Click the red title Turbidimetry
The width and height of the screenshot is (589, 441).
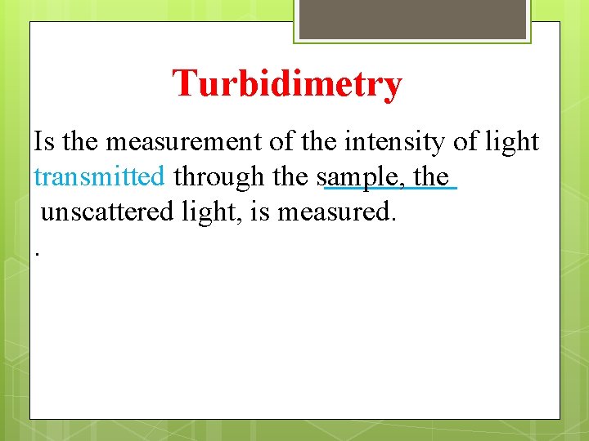coord(287,83)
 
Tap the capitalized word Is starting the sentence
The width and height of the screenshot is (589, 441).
coord(44,141)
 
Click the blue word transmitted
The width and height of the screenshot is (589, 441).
coord(99,176)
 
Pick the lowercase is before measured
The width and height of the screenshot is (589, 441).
coord(260,212)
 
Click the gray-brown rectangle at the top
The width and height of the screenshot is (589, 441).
coord(411,19)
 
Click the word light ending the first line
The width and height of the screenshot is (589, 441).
coord(512,141)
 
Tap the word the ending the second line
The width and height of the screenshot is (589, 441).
coord(431,176)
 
